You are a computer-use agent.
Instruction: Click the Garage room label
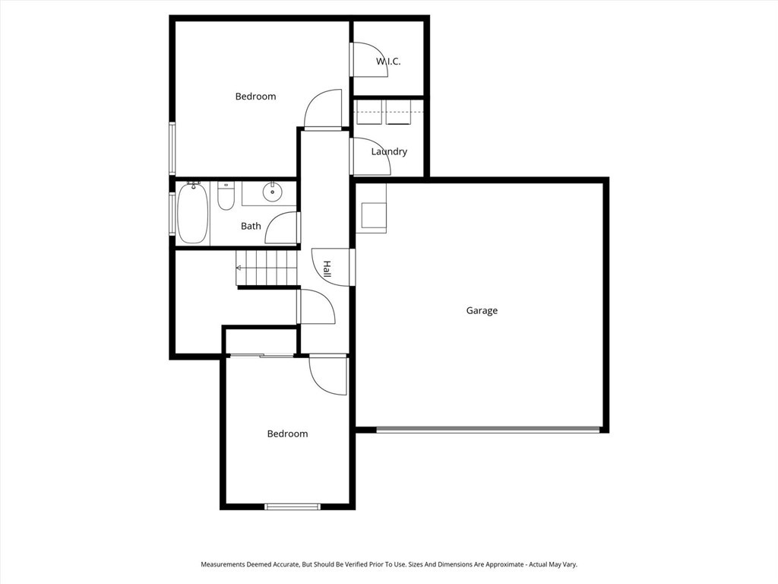tap(481, 311)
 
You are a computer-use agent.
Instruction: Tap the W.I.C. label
tap(388, 62)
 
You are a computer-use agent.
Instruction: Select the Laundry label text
tap(389, 151)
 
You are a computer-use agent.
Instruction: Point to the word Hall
tap(327, 269)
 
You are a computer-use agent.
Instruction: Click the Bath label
tap(251, 227)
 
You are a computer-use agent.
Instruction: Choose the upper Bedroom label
tap(255, 97)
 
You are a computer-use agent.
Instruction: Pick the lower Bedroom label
tap(287, 434)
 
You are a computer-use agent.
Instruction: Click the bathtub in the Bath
tap(192, 213)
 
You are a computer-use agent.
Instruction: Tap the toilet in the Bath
tap(226, 195)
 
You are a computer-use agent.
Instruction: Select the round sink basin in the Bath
tap(272, 191)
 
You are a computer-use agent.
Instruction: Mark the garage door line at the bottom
tap(488, 430)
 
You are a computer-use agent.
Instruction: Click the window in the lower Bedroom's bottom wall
tap(293, 506)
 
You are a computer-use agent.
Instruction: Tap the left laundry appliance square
tap(369, 113)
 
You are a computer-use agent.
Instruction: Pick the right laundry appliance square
tap(398, 113)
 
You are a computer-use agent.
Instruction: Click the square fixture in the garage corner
tap(374, 215)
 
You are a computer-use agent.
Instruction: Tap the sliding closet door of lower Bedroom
tap(261, 355)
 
